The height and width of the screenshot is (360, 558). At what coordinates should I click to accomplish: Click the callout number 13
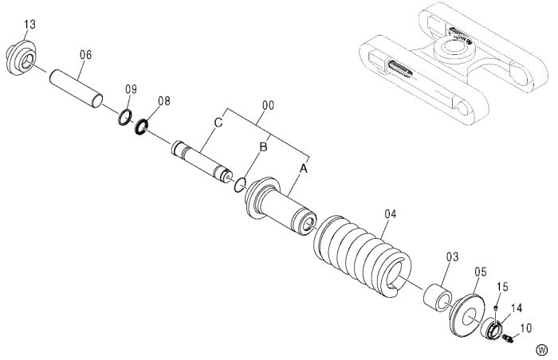[x=30, y=25]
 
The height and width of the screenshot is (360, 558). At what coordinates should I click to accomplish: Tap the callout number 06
[x=85, y=55]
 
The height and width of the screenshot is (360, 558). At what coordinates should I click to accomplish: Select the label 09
[x=131, y=89]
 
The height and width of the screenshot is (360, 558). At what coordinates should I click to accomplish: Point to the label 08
[x=164, y=101]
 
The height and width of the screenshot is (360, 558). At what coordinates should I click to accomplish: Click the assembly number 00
[x=269, y=106]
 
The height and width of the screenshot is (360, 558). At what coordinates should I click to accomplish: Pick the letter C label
[x=218, y=123]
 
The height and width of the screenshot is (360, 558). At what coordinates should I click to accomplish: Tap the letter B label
[x=263, y=147]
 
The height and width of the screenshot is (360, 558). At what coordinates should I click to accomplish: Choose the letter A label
[x=303, y=169]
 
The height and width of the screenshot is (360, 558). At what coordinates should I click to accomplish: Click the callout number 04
[x=391, y=214]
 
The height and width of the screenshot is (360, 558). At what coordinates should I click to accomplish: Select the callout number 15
[x=503, y=287]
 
